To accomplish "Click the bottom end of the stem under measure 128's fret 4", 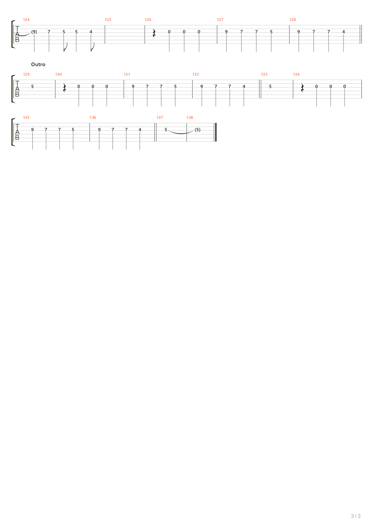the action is (343, 52).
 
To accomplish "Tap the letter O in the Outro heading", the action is (33, 64).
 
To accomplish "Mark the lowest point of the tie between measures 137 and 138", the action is (181, 134).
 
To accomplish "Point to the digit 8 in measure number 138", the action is (192, 117).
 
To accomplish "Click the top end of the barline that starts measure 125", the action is (105, 25).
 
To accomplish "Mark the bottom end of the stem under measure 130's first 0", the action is (79, 106).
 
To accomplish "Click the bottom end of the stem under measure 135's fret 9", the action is (32, 149).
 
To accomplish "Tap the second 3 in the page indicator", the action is (359, 516).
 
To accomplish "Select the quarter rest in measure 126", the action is (154, 33).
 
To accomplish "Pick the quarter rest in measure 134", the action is (302, 88).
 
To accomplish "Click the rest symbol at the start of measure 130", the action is (65, 88).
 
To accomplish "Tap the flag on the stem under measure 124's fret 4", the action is (93, 47).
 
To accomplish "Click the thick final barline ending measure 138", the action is (216, 132).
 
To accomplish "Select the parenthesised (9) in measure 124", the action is (34, 32).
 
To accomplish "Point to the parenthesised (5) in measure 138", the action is (197, 130).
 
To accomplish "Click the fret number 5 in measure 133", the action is (270, 87).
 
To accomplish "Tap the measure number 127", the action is (220, 20).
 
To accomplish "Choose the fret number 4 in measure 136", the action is (140, 130).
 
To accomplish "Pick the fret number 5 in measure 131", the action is (175, 87).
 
